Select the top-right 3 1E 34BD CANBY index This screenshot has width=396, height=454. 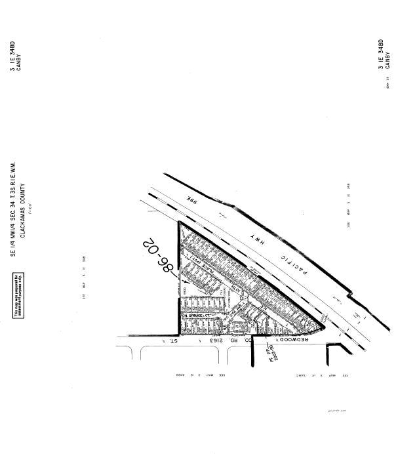[x=384, y=55]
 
